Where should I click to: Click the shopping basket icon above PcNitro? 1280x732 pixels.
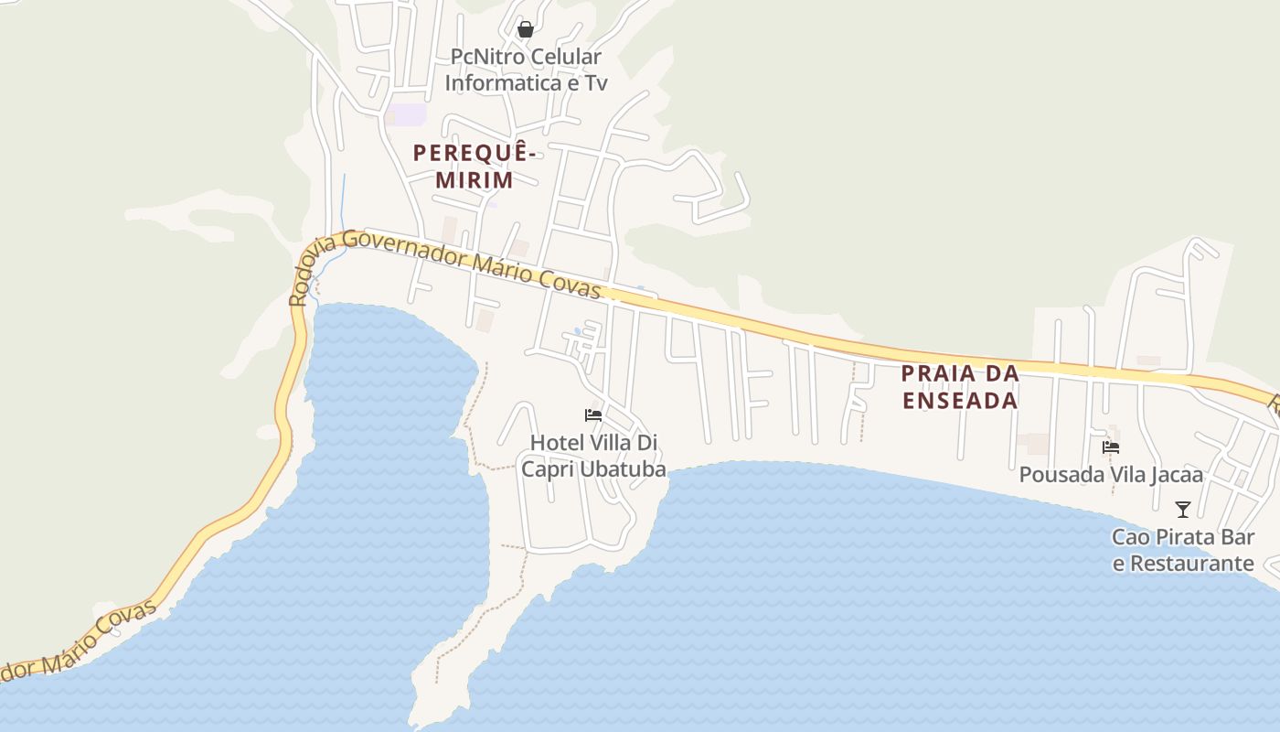point(525,29)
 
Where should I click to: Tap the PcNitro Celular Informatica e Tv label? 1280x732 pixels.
point(526,70)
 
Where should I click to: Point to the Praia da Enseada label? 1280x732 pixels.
point(960,387)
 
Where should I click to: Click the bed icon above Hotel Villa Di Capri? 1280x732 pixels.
point(593,415)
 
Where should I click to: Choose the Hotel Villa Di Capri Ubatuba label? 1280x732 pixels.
point(594,456)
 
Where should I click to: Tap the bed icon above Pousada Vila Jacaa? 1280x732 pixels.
point(1111,447)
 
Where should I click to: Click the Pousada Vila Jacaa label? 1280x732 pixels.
point(1111,475)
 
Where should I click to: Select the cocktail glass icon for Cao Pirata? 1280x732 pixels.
point(1183,509)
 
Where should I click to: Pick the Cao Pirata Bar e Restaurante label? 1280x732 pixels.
point(1183,550)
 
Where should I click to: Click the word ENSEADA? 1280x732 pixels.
point(960,401)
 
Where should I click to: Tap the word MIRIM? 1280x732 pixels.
point(474,179)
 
